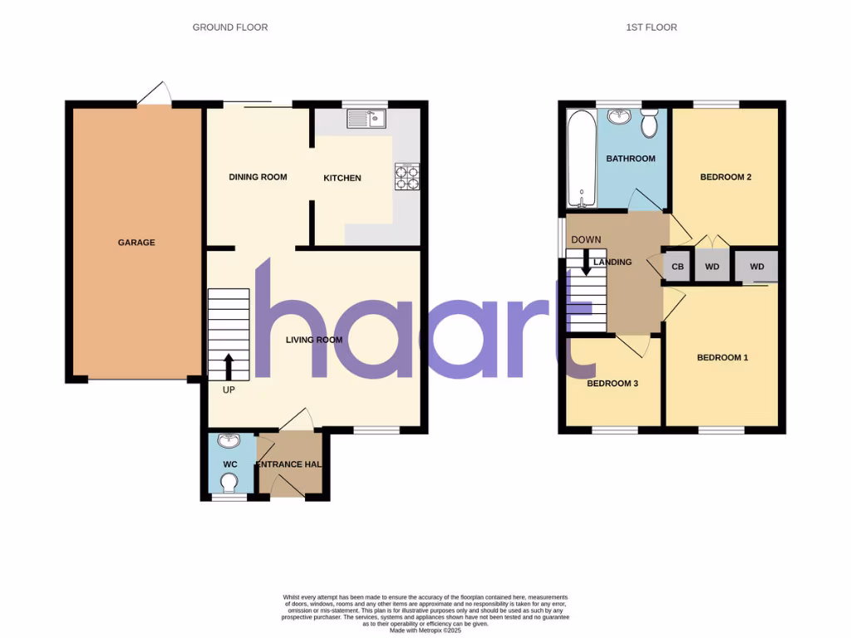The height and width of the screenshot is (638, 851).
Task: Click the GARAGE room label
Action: pyautogui.click(x=136, y=243)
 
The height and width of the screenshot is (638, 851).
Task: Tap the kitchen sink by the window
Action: pyautogui.click(x=366, y=120)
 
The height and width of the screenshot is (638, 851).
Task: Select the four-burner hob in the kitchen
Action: pyautogui.click(x=407, y=175)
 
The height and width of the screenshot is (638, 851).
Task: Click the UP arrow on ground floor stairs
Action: pyautogui.click(x=229, y=364)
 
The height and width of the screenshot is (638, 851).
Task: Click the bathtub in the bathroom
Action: pyautogui.click(x=580, y=159)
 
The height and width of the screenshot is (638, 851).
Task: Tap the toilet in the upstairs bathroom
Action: pyautogui.click(x=650, y=122)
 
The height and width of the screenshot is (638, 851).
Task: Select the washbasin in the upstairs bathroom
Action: pyautogui.click(x=619, y=116)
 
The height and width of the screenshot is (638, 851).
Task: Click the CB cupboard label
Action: pyautogui.click(x=677, y=267)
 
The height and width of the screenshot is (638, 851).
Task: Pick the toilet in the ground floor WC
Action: pyautogui.click(x=229, y=483)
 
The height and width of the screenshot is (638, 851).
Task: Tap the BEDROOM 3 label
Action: pyautogui.click(x=612, y=384)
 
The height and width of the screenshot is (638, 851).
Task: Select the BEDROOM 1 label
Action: pyautogui.click(x=722, y=358)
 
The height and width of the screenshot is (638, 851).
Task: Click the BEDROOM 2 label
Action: pyautogui.click(x=726, y=177)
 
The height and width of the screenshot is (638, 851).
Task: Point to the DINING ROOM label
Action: pyautogui.click(x=258, y=177)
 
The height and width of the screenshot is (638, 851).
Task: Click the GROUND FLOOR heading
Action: pyautogui.click(x=230, y=27)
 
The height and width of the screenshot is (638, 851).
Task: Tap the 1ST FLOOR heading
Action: pyautogui.click(x=652, y=27)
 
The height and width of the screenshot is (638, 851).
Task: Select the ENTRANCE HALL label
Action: pyautogui.click(x=289, y=464)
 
